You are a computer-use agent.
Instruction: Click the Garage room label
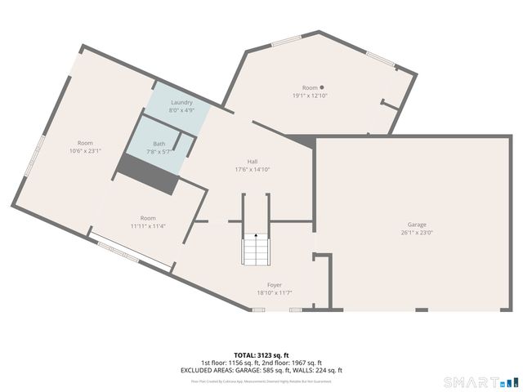pyautogui.click(x=417, y=225)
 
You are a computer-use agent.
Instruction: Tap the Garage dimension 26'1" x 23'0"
pyautogui.click(x=417, y=232)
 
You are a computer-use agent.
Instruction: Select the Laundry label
pyautogui.click(x=181, y=102)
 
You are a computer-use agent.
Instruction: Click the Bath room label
pyautogui.click(x=159, y=144)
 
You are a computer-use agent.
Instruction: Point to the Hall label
pyautogui.click(x=253, y=162)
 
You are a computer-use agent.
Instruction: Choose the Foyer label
pyautogui.click(x=275, y=285)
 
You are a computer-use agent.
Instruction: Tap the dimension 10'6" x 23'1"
pyautogui.click(x=85, y=150)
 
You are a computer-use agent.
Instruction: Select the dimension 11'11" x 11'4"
pyautogui.click(x=148, y=225)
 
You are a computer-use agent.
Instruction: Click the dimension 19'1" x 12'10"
pyautogui.click(x=310, y=96)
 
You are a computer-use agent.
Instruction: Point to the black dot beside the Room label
pyautogui.click(x=322, y=87)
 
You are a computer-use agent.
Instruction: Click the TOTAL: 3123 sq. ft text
pyautogui.click(x=261, y=355)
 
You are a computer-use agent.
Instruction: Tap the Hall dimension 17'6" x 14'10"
pyautogui.click(x=253, y=169)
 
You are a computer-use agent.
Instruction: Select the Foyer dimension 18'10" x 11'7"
pyautogui.click(x=275, y=292)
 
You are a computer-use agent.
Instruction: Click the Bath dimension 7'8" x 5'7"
pyautogui.click(x=159, y=151)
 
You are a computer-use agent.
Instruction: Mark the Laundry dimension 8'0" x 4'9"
pyautogui.click(x=181, y=109)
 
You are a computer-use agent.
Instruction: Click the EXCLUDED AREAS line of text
pyautogui.click(x=261, y=370)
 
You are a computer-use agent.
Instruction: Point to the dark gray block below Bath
pyautogui.click(x=148, y=175)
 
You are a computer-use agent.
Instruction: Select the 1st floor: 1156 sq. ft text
pyautogui.click(x=229, y=363)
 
